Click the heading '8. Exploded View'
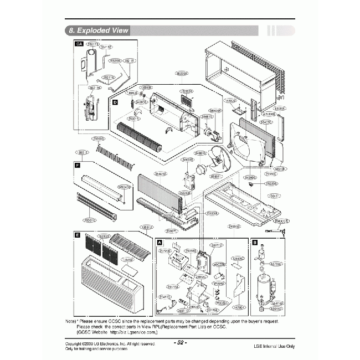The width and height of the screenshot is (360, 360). tap(97, 30)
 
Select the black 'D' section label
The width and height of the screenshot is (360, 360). tap(115, 102)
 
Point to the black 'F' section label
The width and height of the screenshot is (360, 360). tap(76, 164)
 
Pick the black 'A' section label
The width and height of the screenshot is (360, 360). tap(160, 243)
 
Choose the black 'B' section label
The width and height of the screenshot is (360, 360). tap(254, 242)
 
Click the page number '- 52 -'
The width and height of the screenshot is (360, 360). tap(180, 343)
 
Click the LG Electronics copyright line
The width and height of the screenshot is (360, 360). tap(110, 344)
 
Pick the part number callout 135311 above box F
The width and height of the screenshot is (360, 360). tap(81, 152)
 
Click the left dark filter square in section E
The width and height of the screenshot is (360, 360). tap(92, 247)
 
